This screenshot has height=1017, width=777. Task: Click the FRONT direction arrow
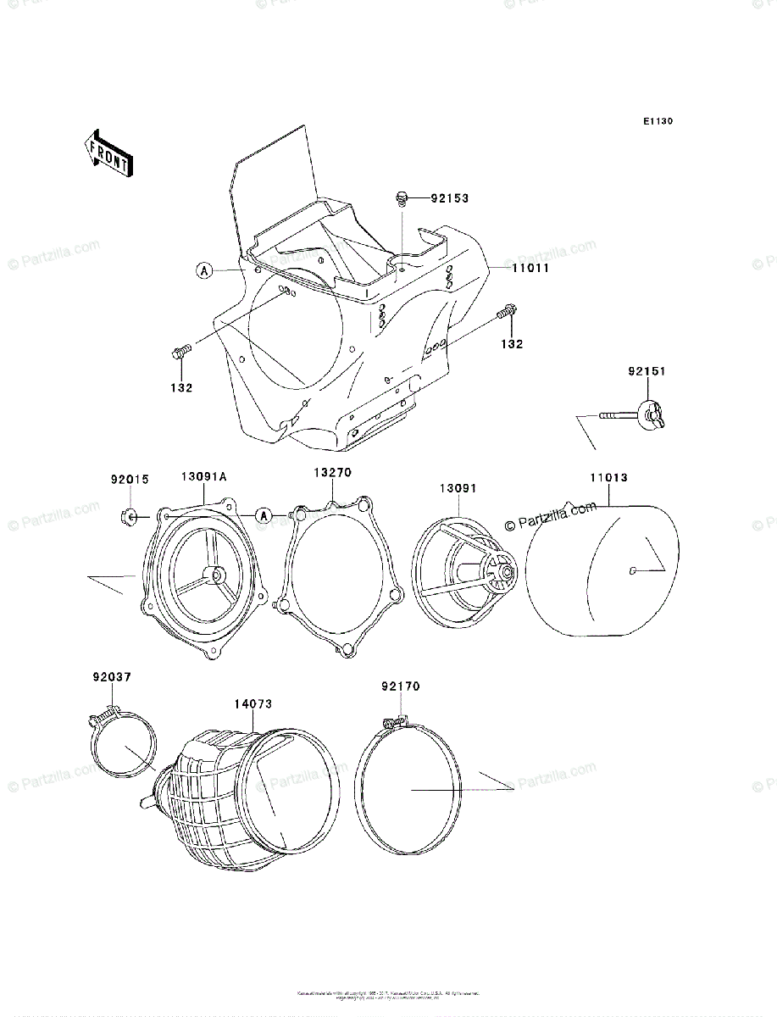tap(106, 153)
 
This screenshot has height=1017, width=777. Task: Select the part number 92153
tap(449, 198)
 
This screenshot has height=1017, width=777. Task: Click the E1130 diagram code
tap(657, 122)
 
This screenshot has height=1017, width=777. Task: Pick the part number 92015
tap(130, 479)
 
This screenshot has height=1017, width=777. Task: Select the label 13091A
tap(203, 477)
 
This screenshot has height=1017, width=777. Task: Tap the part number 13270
tap(332, 472)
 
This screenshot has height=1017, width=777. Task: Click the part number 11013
tap(608, 477)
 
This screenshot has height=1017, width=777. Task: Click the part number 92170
tap(400, 686)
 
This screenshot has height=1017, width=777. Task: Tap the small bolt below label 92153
tap(401, 200)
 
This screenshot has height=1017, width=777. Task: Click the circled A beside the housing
tap(203, 270)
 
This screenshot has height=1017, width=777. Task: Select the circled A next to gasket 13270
tap(264, 515)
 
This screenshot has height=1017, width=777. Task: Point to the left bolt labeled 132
tap(182, 352)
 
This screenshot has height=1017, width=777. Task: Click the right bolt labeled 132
tap(507, 311)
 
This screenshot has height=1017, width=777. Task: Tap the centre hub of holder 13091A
tap(219, 575)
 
